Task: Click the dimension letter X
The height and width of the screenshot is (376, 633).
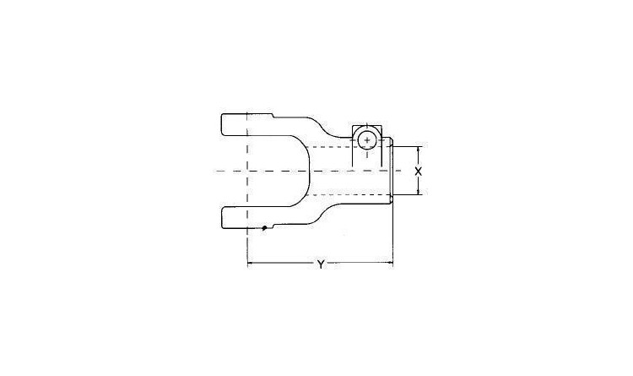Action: coord(419,171)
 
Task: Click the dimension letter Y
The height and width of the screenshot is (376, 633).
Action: coord(321,264)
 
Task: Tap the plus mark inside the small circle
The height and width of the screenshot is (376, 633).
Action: coord(366,140)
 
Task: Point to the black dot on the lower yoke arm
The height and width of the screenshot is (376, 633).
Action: coord(264,228)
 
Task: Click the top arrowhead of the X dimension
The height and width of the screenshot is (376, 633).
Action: coord(419,149)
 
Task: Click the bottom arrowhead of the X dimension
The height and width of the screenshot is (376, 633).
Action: coord(419,193)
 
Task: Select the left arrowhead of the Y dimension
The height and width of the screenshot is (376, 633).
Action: coord(250,263)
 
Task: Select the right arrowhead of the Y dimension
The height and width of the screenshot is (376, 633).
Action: coord(390,263)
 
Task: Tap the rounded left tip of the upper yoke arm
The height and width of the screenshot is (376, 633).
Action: coord(222,124)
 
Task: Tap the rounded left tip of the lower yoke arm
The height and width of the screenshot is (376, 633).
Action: coord(222,218)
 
